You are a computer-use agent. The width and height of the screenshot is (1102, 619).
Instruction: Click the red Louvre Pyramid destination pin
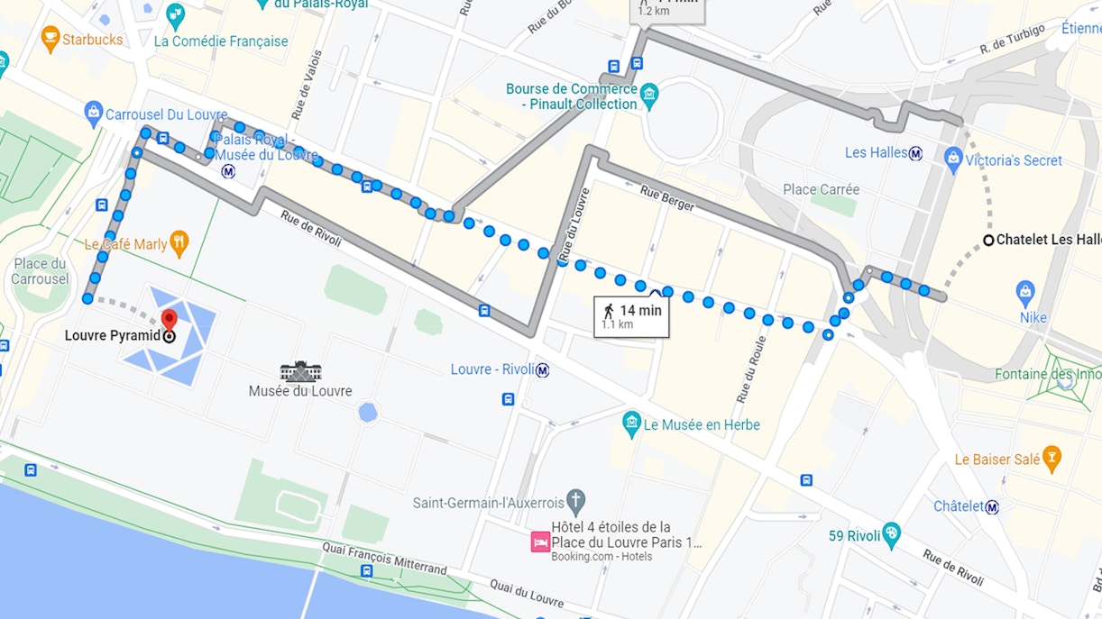(x=169, y=319)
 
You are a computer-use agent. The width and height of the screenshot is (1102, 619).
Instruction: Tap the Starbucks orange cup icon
(x=51, y=39)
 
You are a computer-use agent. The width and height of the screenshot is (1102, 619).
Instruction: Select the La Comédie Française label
(x=221, y=41)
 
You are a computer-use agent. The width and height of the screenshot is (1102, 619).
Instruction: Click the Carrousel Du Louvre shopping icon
(x=93, y=114)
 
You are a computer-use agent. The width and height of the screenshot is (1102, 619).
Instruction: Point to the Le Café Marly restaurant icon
(x=179, y=243)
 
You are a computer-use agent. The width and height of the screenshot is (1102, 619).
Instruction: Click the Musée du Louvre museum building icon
(x=300, y=371)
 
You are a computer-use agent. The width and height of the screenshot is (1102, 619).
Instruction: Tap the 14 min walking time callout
(x=631, y=316)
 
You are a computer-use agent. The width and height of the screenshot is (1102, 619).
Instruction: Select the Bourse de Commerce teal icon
(x=649, y=95)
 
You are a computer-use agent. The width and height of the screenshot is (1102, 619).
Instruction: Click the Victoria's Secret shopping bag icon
(x=953, y=160)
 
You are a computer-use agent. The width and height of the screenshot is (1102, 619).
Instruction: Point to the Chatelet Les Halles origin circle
(x=988, y=240)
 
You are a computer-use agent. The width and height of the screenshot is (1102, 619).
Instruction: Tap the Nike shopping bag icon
(x=1024, y=293)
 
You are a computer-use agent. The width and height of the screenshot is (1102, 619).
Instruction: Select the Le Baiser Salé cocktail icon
(x=1051, y=459)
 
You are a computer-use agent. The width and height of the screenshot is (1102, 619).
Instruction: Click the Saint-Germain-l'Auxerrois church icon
(x=576, y=502)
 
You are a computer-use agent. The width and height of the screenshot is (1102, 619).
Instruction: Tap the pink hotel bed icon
(x=540, y=542)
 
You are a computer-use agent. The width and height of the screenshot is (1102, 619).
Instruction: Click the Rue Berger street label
(x=668, y=198)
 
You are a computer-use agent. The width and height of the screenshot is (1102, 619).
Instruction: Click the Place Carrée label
(x=821, y=189)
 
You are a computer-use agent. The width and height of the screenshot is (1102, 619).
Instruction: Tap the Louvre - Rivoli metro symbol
(x=542, y=369)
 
